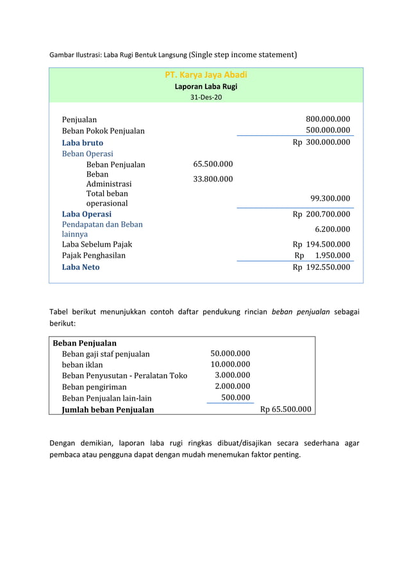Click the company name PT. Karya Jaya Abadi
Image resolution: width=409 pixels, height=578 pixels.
[x=206, y=75]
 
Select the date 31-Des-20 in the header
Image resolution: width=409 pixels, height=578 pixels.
[x=206, y=97]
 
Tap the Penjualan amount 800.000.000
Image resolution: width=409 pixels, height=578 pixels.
[x=328, y=119]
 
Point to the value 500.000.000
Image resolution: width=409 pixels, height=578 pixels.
[x=328, y=131]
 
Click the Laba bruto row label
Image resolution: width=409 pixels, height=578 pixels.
[x=82, y=143]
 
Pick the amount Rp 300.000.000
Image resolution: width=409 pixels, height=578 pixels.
[x=321, y=142]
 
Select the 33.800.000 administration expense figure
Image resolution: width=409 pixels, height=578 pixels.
[x=213, y=179]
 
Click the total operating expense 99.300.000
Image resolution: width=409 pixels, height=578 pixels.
[x=330, y=198]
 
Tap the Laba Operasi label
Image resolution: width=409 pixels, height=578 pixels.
[x=87, y=214]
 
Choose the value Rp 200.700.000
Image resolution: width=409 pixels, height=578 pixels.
[x=321, y=214]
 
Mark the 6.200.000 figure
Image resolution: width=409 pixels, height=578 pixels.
[x=333, y=229]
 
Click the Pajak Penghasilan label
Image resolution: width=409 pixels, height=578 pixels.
[x=94, y=255]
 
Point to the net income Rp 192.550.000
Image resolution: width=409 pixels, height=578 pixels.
[x=321, y=267]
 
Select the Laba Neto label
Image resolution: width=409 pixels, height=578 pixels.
[x=81, y=267]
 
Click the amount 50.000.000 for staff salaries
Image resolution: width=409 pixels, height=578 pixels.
[x=230, y=353]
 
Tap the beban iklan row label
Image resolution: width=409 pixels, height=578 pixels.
[x=82, y=365]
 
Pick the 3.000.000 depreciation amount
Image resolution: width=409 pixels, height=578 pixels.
[x=232, y=375]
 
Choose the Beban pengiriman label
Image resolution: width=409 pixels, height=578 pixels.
[x=94, y=386]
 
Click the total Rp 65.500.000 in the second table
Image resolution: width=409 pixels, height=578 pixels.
[x=286, y=409]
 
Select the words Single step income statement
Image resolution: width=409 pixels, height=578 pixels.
[x=244, y=54]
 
